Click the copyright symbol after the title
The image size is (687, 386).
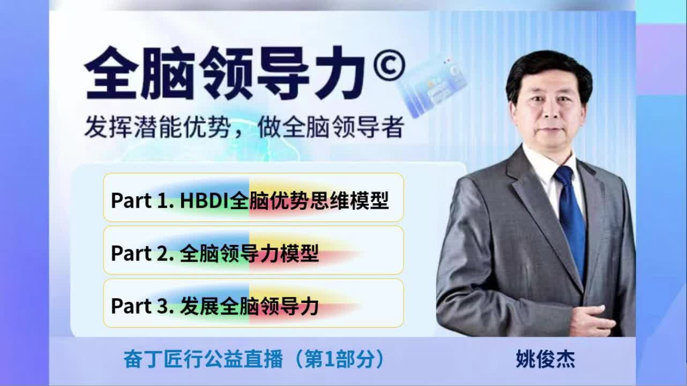coord(390,65)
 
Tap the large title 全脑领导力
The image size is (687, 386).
coord(226,73)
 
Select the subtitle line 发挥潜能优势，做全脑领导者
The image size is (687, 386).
coord(244,127)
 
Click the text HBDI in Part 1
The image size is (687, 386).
coord(205,201)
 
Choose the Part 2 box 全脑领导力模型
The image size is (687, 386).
coord(253,250)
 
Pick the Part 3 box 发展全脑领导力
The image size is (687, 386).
coord(253,303)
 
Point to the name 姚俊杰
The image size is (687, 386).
coord(546,359)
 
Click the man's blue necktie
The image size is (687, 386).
coord(571,221)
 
